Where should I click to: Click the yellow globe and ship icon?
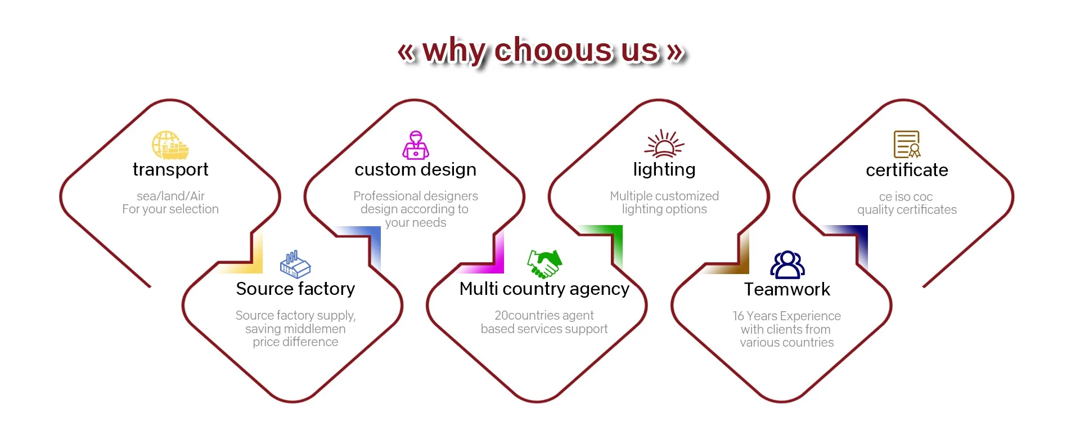170,145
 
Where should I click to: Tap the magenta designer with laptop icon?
416,145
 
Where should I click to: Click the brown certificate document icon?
907,144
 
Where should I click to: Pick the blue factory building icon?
295,264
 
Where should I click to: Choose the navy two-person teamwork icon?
787,264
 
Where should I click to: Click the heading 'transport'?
170,169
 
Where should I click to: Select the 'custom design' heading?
415,169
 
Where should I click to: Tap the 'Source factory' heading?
295,289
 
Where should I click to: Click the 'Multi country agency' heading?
544,289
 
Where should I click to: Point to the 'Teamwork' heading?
787,289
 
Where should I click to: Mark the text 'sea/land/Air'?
170,196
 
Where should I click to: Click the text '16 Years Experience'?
786,316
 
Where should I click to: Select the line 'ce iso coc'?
906,196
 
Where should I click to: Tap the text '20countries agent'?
544,315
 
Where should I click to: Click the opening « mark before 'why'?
406,52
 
